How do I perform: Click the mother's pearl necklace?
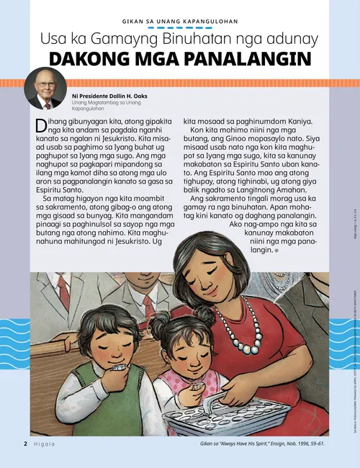249,338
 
